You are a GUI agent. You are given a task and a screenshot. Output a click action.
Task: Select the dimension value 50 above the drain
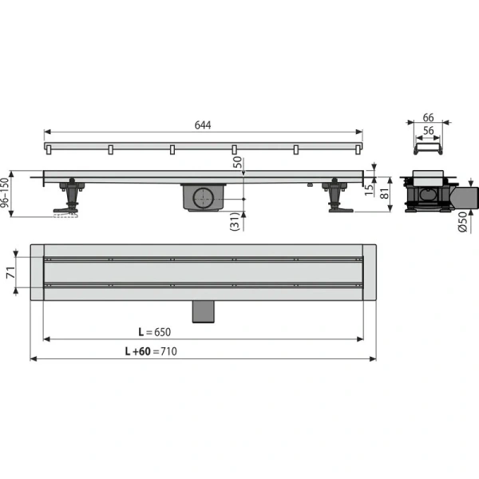[237, 162]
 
